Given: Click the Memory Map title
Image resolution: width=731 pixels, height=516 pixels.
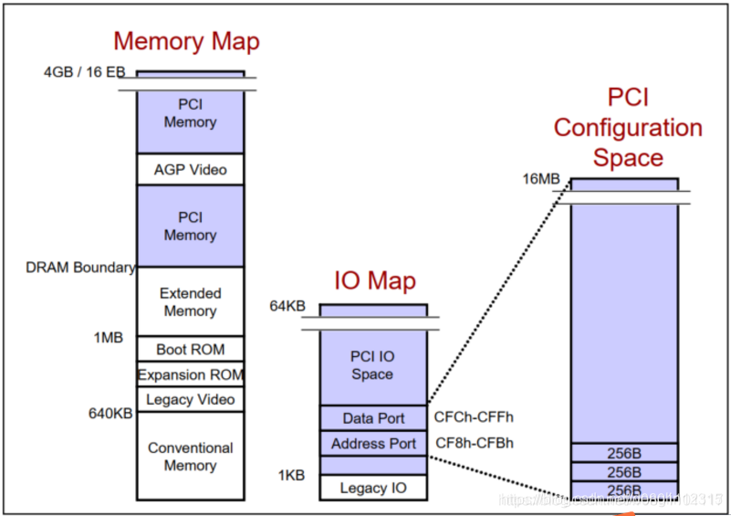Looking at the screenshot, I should (186, 41).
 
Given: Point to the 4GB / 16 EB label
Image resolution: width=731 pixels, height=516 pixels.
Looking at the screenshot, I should (84, 72).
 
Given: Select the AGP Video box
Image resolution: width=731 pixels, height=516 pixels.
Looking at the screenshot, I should (190, 169).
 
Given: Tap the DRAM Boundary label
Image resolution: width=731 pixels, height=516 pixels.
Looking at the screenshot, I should (80, 268).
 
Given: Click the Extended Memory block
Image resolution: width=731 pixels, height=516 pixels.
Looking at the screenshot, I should (190, 302).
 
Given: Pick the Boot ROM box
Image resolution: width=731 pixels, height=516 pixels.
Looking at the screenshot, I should (190, 349).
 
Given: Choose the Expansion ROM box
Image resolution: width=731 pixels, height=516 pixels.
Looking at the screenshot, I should (190, 374).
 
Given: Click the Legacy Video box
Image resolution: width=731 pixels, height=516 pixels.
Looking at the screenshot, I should (190, 399).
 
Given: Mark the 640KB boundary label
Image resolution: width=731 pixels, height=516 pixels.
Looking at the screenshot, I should (111, 414).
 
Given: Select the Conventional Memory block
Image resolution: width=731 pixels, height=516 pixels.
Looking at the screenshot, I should (190, 457).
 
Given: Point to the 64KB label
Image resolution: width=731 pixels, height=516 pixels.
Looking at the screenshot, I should (287, 306).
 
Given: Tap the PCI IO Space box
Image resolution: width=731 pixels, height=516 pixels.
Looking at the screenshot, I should (372, 365).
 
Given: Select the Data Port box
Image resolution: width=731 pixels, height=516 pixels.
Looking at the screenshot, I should (372, 418).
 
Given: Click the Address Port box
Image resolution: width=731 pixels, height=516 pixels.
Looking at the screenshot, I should (372, 444).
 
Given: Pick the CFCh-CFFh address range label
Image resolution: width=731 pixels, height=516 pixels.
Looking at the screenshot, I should (475, 418).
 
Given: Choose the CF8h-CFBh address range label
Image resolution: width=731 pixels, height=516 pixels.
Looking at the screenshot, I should (475, 444).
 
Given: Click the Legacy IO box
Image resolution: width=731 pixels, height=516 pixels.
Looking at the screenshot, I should (372, 488).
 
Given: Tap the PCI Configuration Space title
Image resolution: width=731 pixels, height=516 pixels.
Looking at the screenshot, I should (627, 128).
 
